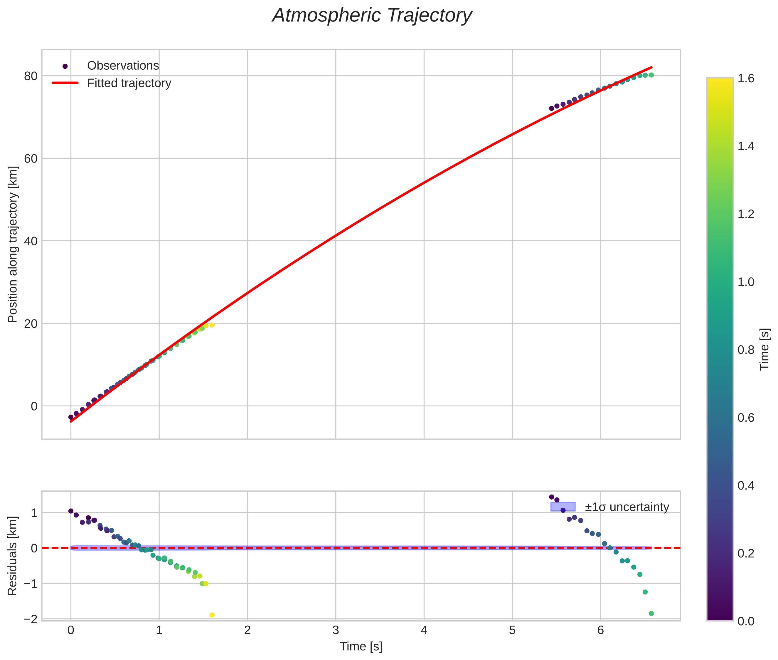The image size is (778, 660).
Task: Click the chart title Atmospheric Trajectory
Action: [372, 16]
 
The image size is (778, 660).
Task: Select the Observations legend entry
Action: [123, 66]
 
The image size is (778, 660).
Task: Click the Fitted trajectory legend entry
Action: [129, 83]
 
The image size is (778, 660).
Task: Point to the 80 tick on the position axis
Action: [31, 76]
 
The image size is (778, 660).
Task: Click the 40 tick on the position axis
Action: [31, 241]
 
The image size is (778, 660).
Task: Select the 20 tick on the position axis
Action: [31, 324]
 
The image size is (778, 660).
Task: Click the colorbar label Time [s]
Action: [764, 349]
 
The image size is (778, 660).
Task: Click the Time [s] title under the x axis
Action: [361, 646]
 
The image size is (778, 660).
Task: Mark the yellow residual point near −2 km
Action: [212, 615]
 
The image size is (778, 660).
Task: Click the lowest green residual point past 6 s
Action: [651, 613]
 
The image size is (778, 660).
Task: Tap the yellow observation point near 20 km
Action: [212, 325]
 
